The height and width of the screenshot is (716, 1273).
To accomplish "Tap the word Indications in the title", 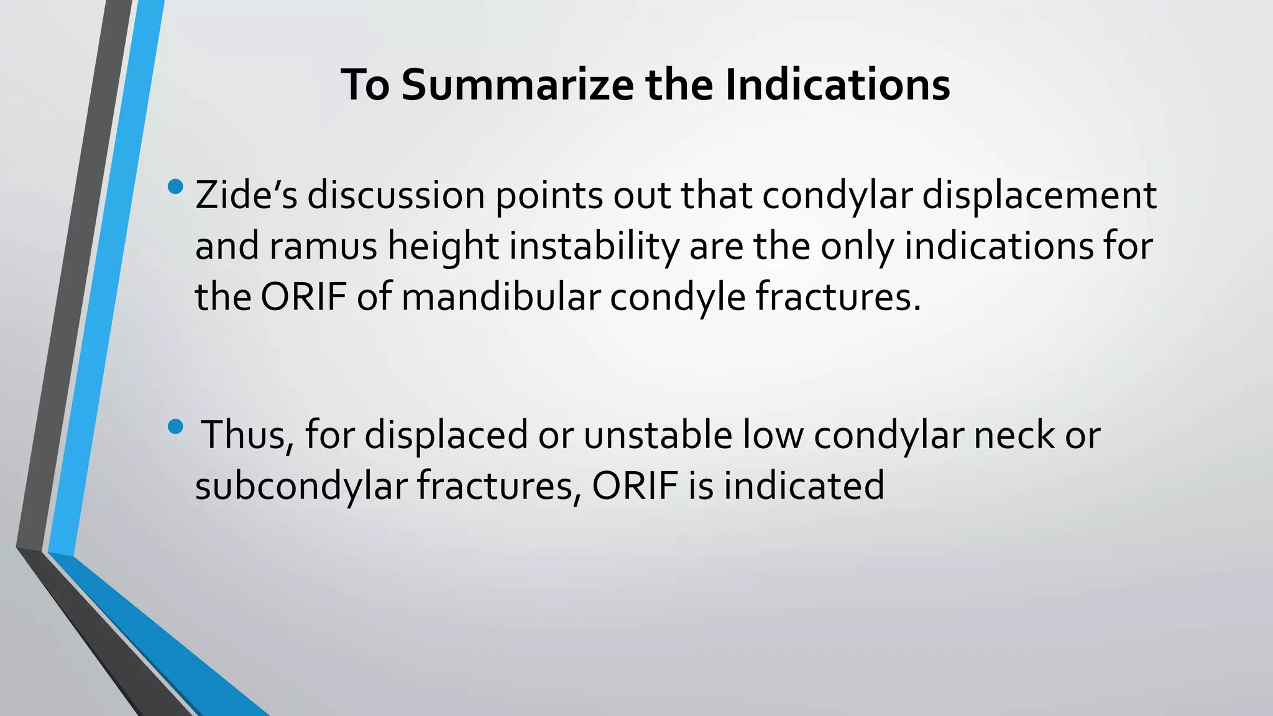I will [x=837, y=85].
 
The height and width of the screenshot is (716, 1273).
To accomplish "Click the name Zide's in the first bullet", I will [x=246, y=195].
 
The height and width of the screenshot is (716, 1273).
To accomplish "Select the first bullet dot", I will [x=176, y=186].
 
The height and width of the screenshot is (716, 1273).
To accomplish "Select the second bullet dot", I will [x=176, y=426].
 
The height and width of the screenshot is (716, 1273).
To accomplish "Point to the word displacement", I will [x=1039, y=195].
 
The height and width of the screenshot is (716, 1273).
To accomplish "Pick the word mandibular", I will [x=500, y=297].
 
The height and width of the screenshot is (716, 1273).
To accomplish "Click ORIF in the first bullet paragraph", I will [x=303, y=297].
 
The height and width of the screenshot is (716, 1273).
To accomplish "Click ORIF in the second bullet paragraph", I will [x=635, y=485].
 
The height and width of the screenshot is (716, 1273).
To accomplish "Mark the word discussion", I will [x=396, y=195].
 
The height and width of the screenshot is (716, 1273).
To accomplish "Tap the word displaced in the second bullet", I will [x=446, y=434].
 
